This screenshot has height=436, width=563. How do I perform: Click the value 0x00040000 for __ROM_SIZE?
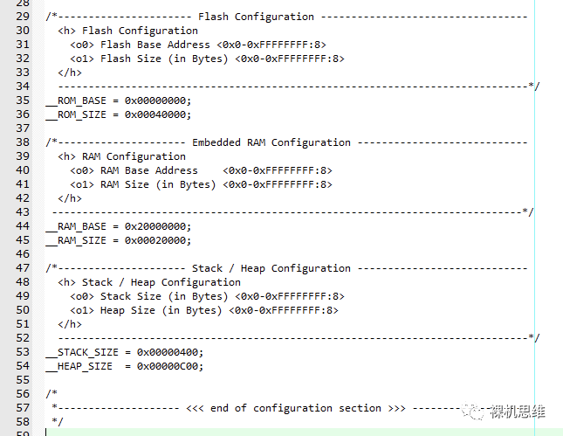(157, 114)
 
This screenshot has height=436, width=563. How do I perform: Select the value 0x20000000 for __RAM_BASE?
(157, 226)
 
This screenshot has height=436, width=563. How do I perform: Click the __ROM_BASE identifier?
(75, 100)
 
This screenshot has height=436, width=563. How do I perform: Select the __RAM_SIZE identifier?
(75, 240)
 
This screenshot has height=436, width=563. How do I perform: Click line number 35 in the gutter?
(23, 100)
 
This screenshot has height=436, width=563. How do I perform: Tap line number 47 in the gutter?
(23, 268)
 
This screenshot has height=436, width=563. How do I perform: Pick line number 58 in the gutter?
(23, 422)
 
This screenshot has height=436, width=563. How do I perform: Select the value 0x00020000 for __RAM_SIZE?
(157, 240)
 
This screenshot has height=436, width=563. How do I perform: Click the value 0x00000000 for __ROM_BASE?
(157, 100)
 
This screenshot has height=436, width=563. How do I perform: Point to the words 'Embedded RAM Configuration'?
(271, 142)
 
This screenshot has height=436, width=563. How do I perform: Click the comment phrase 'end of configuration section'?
(296, 408)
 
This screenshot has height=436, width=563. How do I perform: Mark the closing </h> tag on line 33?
(70, 73)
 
